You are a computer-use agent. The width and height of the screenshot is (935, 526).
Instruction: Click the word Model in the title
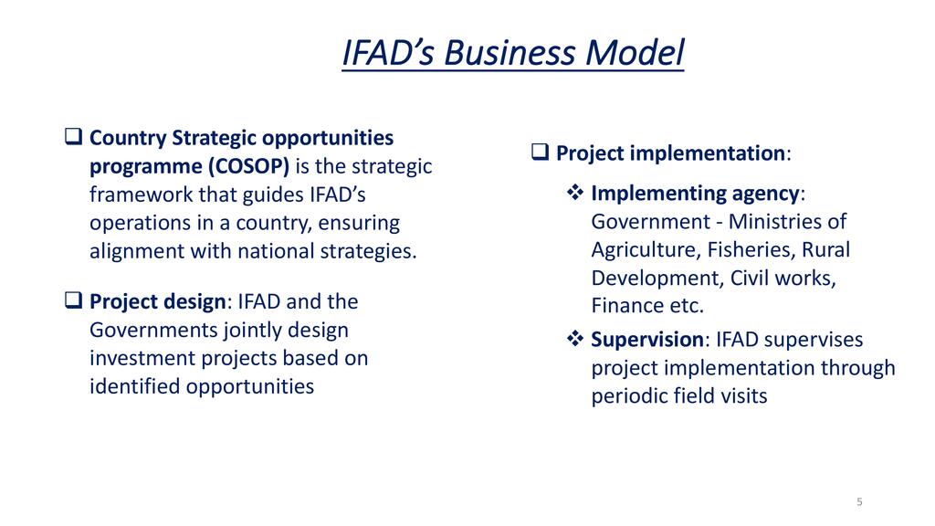click(x=635, y=52)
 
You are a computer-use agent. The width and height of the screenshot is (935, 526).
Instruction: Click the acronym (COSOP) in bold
click(x=248, y=166)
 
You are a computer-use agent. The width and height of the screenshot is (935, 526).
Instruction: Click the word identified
click(x=135, y=386)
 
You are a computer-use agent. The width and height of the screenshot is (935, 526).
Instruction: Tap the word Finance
click(x=627, y=305)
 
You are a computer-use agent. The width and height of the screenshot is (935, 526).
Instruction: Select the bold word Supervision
click(x=647, y=340)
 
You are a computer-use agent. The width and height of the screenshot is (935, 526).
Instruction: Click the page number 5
click(x=859, y=502)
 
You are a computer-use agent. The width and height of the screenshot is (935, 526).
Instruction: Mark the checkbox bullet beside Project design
click(x=73, y=300)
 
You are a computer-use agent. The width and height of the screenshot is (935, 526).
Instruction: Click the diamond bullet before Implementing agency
click(x=575, y=192)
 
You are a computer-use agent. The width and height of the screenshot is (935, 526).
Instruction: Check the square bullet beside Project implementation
click(x=540, y=152)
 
